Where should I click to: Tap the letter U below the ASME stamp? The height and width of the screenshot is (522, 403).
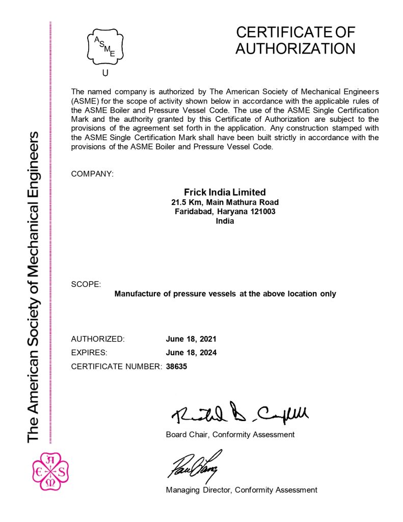coord(105,73)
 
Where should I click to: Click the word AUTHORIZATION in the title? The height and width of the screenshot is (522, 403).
coord(295,48)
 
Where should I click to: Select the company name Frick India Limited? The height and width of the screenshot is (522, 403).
coord(225,192)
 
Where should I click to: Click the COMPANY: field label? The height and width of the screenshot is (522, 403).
coord(92,174)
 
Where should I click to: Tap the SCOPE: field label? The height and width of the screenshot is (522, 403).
coord(86,284)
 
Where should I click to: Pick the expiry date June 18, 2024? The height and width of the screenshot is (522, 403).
coord(191,352)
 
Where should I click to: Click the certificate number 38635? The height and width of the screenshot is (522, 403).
coord(177,366)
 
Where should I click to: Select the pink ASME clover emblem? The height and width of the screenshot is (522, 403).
coord(50,472)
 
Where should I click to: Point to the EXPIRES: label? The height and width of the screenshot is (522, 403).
coord(89,352)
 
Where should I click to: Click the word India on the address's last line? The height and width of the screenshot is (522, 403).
coord(225,221)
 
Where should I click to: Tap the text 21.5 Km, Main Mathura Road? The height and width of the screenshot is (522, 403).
coord(225,202)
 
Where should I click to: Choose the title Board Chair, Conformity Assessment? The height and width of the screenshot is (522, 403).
coord(230,435)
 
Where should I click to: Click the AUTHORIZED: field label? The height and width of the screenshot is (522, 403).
coord(98,339)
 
